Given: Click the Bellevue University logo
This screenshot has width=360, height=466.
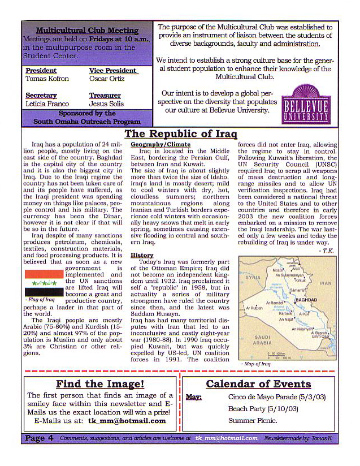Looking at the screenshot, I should [306, 104].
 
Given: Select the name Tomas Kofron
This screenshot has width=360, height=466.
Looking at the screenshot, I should [47, 79].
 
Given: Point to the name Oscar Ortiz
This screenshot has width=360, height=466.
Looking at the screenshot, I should [106, 79].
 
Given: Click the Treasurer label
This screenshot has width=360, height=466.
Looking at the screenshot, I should [105, 96].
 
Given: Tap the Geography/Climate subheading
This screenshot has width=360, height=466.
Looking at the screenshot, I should [161, 145].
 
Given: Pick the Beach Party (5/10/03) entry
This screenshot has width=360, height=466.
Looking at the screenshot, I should [254, 409].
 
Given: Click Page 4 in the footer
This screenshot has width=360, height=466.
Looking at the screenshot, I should [39, 438].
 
